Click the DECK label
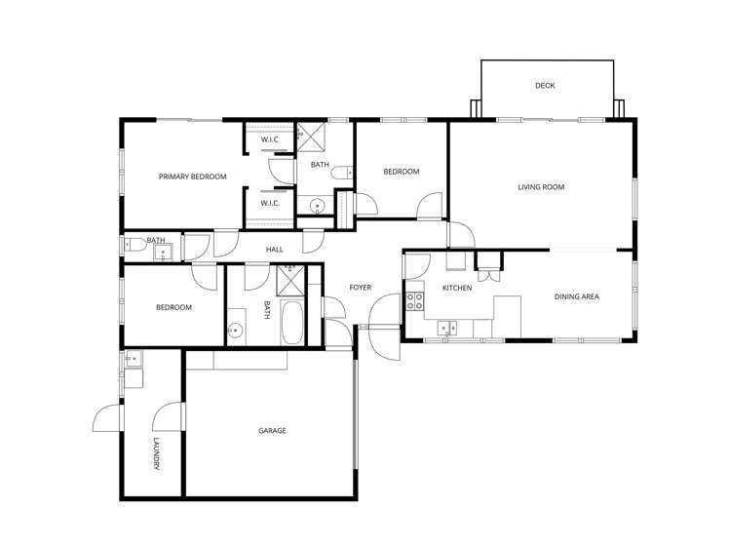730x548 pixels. point(545,86)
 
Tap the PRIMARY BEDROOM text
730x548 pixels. point(193,176)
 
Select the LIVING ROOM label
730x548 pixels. point(541,187)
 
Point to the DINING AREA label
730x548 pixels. point(576,296)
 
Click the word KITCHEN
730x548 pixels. point(457,289)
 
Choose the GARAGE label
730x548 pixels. point(272,430)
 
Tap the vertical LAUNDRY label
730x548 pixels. point(156,453)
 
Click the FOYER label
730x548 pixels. point(361,288)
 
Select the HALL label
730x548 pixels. point(275,250)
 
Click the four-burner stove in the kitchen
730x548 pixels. point(414,300)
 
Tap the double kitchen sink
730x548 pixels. point(447,327)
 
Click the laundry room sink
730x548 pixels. point(134,359)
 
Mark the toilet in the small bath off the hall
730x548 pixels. point(136,251)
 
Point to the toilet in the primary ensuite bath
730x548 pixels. point(340,174)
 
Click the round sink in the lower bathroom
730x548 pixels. point(234,331)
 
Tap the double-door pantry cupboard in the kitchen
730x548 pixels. point(487,262)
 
